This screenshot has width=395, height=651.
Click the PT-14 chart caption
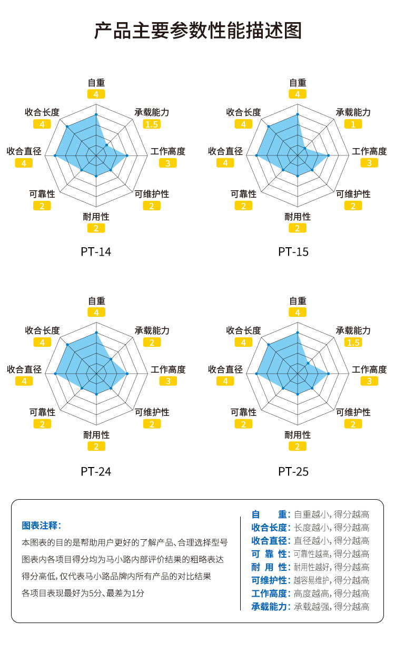coord(96,252)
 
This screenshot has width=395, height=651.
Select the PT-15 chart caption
coord(293,252)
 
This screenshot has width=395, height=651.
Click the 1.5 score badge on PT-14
coord(152,124)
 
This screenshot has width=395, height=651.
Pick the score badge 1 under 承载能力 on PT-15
coord(353,124)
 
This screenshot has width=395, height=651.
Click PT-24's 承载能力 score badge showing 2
coord(152,343)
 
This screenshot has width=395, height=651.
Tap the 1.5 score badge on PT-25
coord(353,343)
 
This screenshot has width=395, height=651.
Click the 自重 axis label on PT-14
coord(96,83)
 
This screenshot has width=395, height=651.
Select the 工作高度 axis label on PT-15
coord(369,151)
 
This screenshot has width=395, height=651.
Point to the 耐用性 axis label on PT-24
coord(96,435)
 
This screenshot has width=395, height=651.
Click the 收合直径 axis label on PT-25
coord(225,370)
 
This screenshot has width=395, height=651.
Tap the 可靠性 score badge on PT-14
coord(42,206)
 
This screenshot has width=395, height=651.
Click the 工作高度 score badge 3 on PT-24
coord(168,382)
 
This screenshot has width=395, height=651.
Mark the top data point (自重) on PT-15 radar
coord(298,114)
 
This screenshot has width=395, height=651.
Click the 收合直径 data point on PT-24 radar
coord(55,374)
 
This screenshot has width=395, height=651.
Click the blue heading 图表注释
coord(41,526)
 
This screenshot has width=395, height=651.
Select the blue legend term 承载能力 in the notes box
coord(270,606)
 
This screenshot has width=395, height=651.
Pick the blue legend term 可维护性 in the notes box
coord(270,580)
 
